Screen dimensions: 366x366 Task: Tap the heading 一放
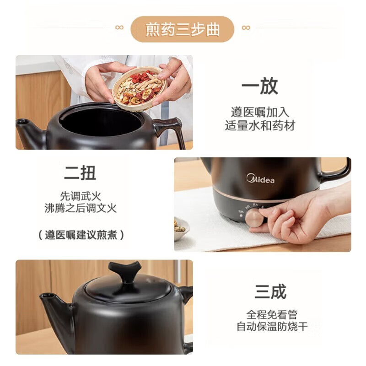coord(260,86)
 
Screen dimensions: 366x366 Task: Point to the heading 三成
coord(271,291)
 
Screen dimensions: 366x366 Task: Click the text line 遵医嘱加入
coord(260,112)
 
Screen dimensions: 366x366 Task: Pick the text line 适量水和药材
coord(260,125)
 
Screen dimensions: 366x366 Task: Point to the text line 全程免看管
coord(272,315)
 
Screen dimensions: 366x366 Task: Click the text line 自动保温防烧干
coord(272,327)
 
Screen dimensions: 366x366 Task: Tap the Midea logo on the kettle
coord(261,178)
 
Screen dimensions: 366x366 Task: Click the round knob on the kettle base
coord(254,218)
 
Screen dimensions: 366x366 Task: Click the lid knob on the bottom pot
coord(124,271)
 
